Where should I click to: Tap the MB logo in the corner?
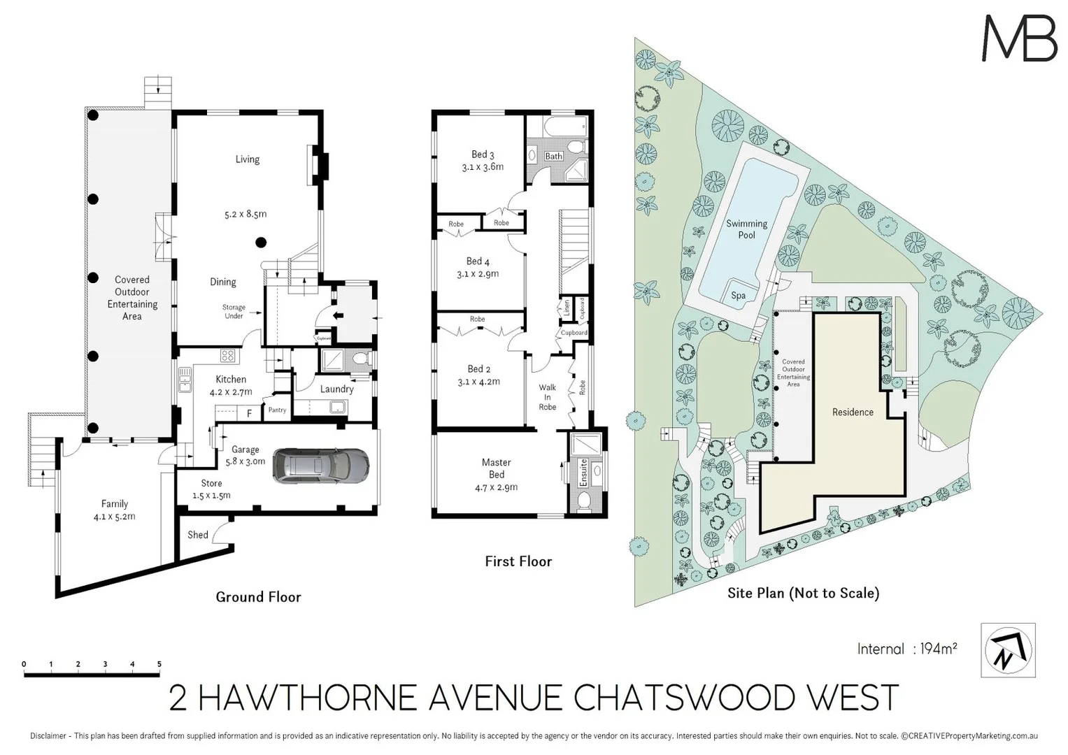coord(1019,38)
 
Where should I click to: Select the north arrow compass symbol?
coord(1008,650)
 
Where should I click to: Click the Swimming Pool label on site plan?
coord(746,229)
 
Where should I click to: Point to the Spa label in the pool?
coord(738,296)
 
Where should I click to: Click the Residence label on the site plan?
coord(853,412)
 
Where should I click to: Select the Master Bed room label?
coord(497,468)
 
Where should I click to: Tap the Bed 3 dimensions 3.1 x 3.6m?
coord(483,167)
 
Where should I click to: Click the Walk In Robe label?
coord(547,397)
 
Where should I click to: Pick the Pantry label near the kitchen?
coord(277,410)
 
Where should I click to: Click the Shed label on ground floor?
coord(198,535)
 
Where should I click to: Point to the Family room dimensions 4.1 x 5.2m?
coord(114,517)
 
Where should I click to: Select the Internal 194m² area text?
coord(907,649)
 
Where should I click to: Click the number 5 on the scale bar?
coord(159,664)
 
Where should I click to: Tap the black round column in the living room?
coord(261,243)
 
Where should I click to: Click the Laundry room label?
coord(336,389)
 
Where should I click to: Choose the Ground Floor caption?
coord(258,597)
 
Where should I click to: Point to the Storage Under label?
coord(234,312)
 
